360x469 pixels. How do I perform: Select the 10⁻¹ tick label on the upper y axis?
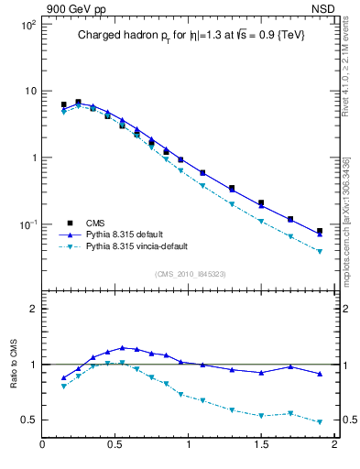[27, 224]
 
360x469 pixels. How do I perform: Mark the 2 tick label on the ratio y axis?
[32, 309]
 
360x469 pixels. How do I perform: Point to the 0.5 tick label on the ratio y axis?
[28, 420]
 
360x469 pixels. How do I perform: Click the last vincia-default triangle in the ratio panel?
[320, 422]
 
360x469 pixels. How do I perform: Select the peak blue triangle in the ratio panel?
[123, 347]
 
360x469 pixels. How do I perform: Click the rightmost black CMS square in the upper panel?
[320, 231]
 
